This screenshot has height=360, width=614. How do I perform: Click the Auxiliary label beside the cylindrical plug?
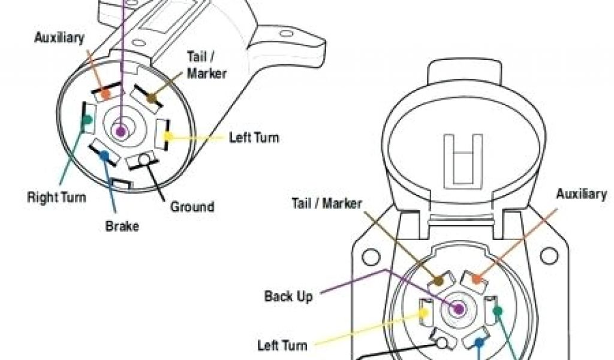pos(59,38)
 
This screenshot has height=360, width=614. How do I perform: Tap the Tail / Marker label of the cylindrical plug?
pos(207,65)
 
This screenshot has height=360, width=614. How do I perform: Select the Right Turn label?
pos(56,197)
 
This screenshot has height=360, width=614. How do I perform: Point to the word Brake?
pos(122,226)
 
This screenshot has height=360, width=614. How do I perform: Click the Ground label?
pos(192,207)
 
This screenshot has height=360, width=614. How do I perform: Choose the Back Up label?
pos(288,296)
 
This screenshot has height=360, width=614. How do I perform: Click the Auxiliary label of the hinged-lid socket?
pos(581,194)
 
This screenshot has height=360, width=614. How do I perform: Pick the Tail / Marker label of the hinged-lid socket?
pos(327,203)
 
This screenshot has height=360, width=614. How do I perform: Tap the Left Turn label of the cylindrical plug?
pos(254,137)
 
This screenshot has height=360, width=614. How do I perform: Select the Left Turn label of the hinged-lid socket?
pos(282,345)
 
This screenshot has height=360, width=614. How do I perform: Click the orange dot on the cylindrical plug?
pos(106,94)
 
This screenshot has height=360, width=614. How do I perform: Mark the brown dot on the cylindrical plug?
pos(151,97)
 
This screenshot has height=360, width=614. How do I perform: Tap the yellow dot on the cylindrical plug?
pos(169,137)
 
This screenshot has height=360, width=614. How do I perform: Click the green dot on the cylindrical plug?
pos(88,119)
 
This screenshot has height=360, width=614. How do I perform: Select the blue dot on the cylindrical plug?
pos(104,155)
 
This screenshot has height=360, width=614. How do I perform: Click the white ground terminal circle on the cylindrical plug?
pos(145,159)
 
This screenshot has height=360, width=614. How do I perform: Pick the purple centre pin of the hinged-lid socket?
pos(459,309)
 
